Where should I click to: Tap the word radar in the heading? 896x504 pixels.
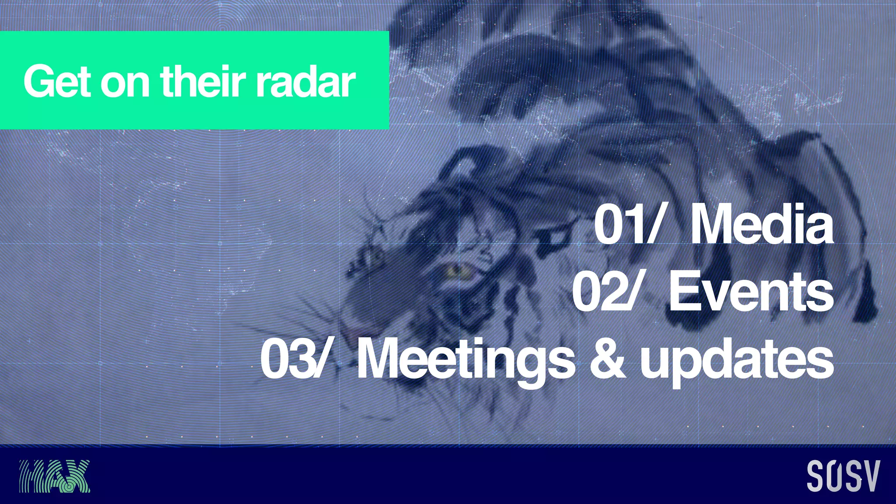306,82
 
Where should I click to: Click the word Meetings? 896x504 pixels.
466,360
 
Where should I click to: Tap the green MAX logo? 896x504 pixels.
54,476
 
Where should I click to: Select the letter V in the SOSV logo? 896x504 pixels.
872,476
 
